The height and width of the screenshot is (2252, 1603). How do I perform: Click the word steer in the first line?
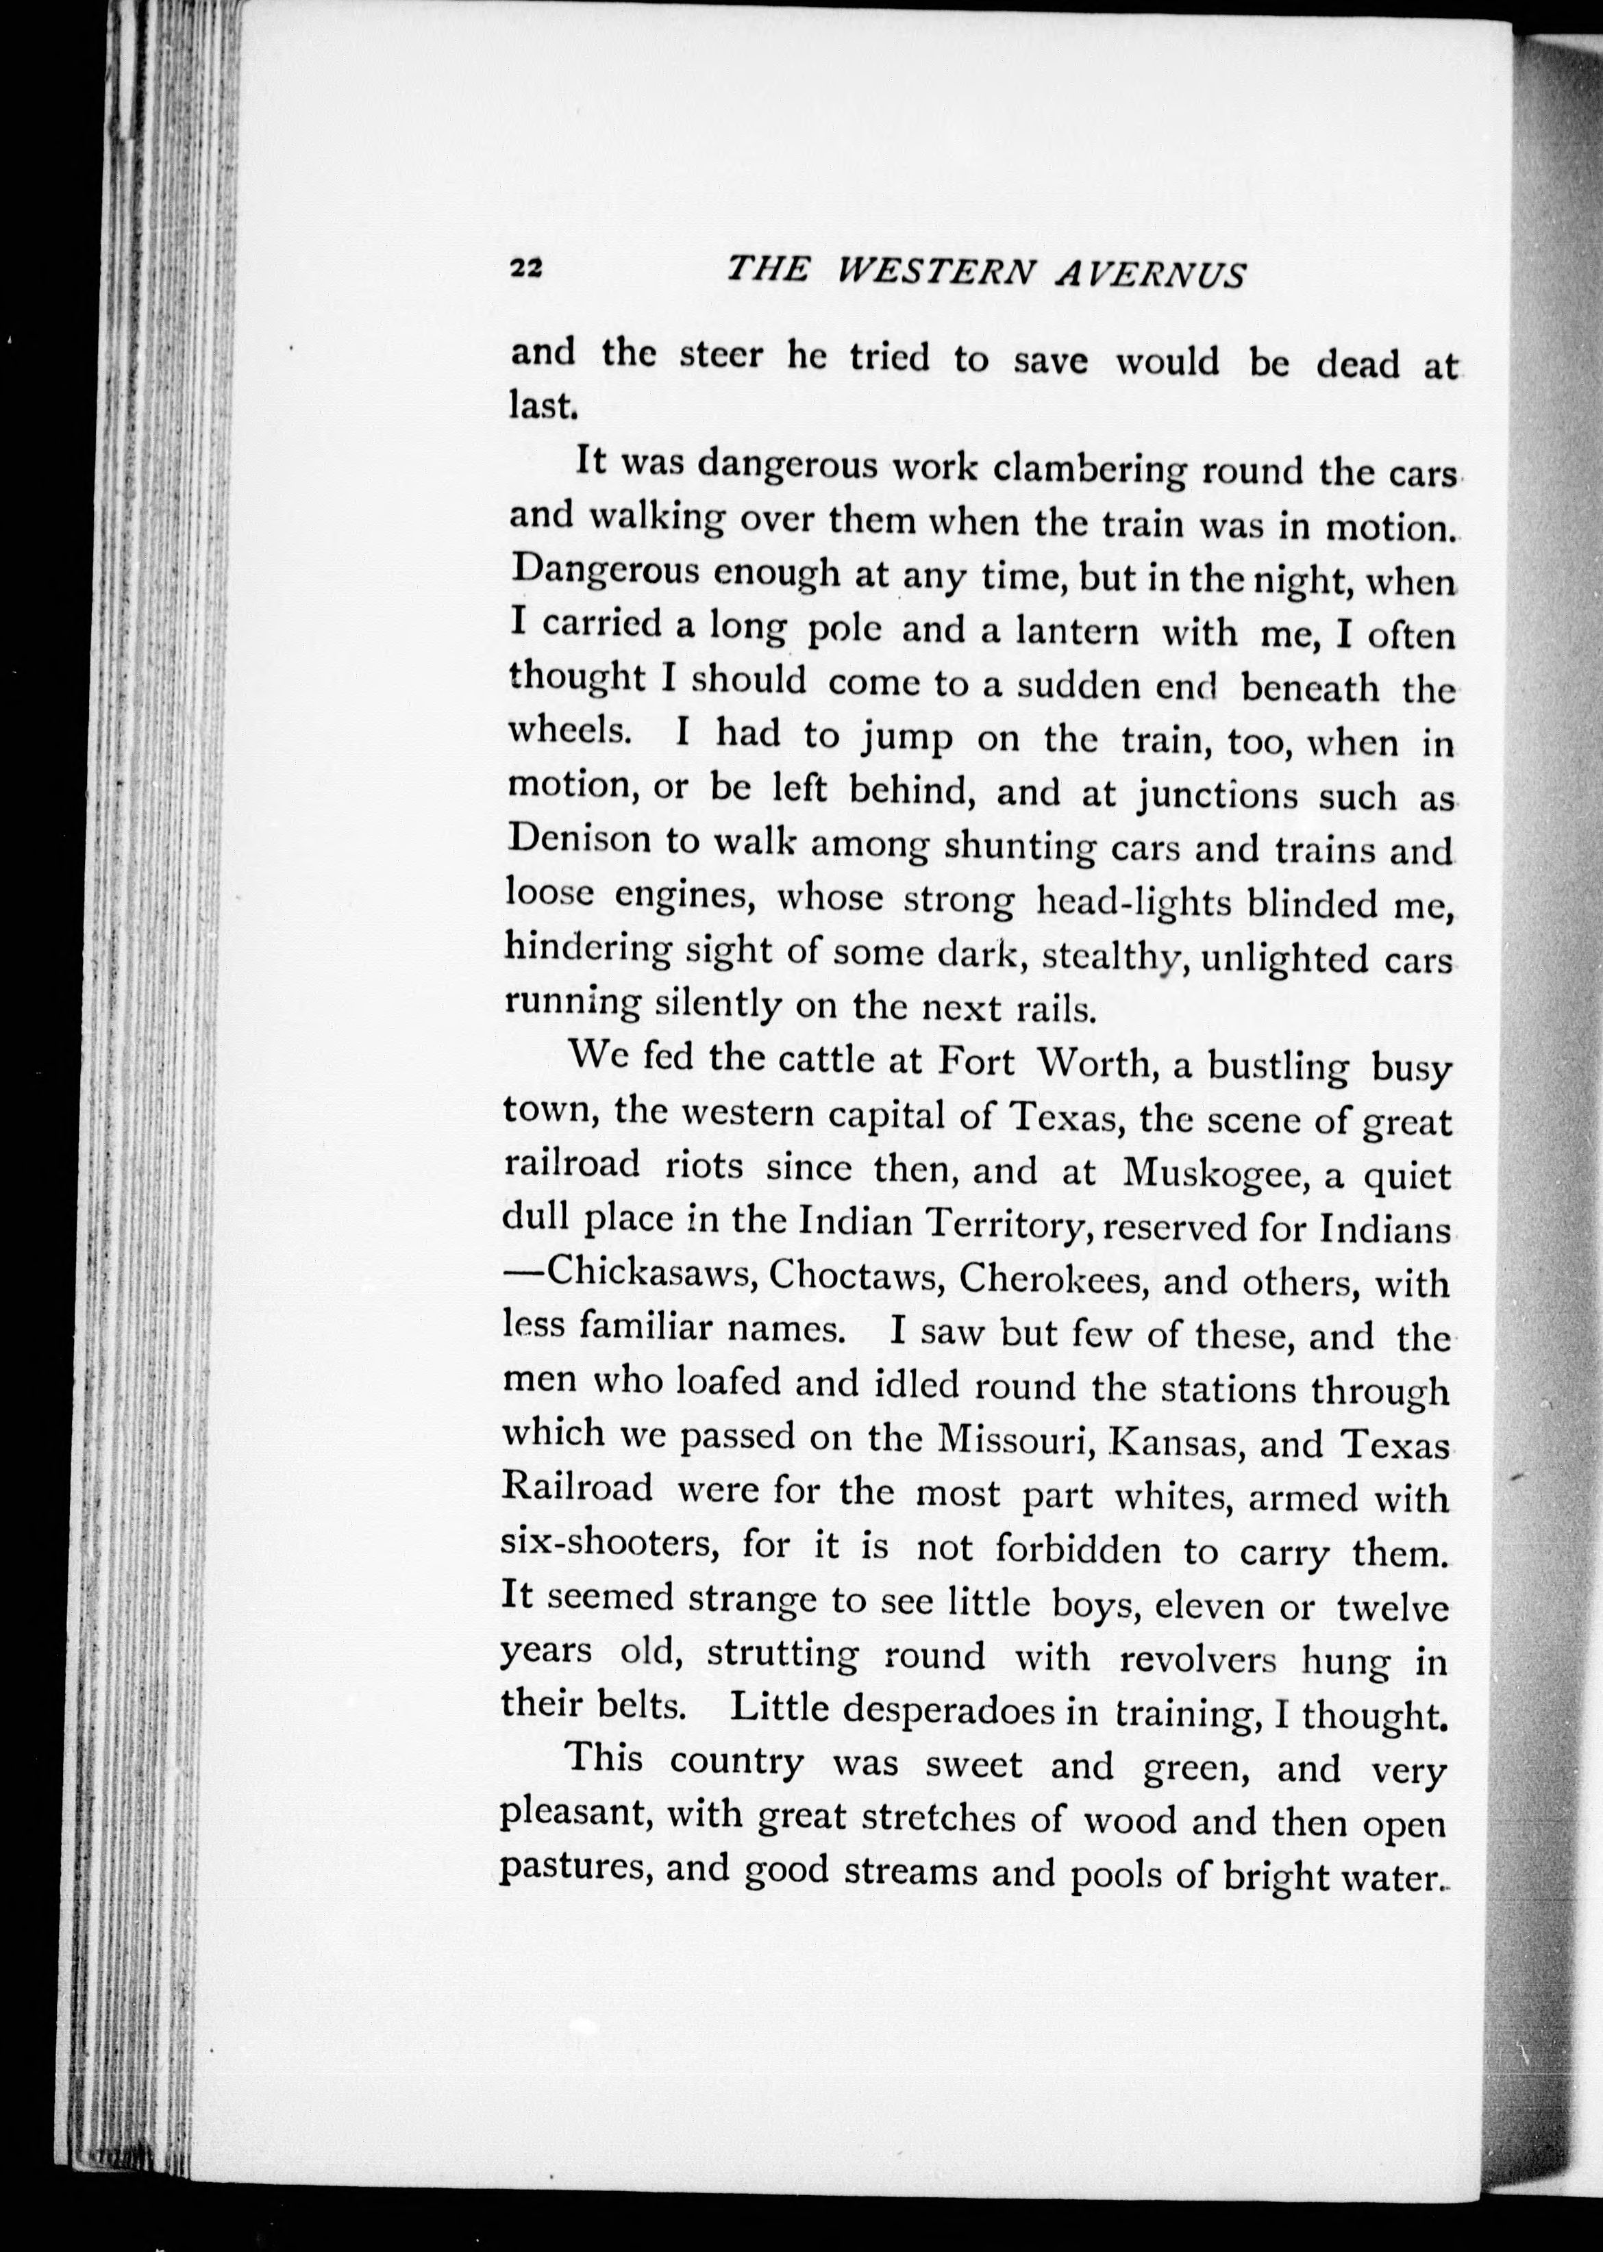point(721,355)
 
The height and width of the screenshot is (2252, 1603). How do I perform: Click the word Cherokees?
point(1052,1279)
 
